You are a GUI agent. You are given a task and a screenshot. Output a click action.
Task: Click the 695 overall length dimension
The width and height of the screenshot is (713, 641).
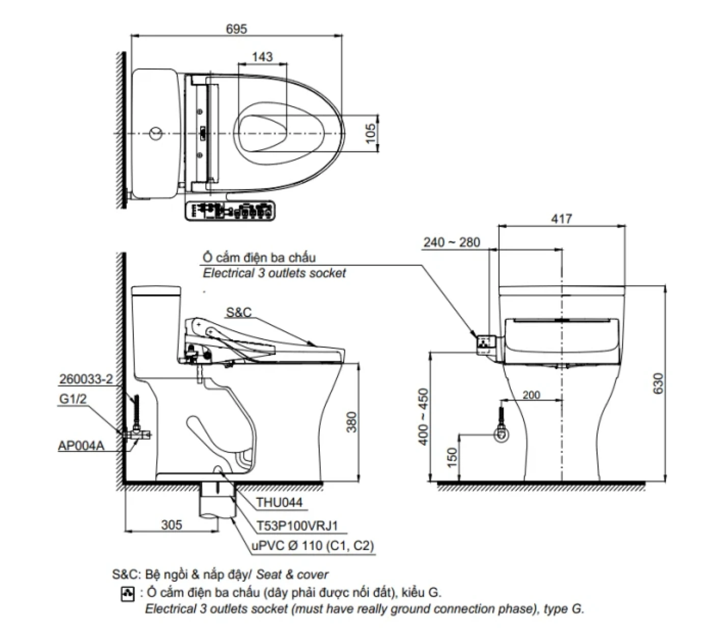point(236,29)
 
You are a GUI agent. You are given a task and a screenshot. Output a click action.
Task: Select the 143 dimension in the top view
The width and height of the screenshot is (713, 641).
point(262,57)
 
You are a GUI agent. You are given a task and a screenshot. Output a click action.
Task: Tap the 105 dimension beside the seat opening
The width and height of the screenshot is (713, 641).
point(371,133)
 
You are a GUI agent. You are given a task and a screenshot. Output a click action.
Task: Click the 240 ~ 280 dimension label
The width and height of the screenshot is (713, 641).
point(451,242)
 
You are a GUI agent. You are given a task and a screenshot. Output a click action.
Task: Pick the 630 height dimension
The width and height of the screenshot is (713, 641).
point(658,383)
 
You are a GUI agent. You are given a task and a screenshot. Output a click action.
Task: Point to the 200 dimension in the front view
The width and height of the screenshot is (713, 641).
point(531,395)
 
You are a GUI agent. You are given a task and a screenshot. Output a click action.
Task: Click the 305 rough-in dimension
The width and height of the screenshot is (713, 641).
point(172,524)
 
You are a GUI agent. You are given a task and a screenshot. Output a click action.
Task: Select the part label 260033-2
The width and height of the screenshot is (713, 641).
point(86,379)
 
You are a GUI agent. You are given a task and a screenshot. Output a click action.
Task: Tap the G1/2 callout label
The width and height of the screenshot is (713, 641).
point(73,398)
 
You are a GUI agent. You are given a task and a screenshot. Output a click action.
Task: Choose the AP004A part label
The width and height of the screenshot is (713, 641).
point(81,445)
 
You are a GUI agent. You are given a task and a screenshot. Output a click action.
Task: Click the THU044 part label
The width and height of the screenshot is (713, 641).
point(279,502)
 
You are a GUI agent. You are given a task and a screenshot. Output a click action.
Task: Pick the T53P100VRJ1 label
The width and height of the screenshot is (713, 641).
point(297,525)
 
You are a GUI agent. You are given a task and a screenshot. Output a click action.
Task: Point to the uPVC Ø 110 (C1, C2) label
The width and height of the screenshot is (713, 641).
point(313,546)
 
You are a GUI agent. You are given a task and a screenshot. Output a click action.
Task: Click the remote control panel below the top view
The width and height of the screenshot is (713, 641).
point(230,210)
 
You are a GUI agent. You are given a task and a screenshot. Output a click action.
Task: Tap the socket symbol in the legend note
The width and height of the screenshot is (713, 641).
point(127,594)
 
